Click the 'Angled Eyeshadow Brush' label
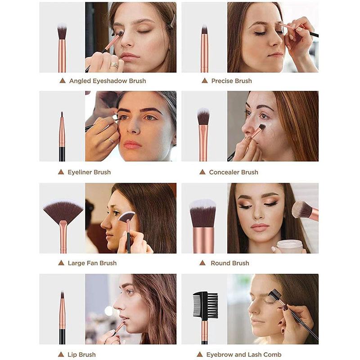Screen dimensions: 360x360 108,81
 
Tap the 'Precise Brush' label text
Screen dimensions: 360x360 231,81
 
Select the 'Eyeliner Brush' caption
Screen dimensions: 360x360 89,172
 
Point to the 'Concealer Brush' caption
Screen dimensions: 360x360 234,172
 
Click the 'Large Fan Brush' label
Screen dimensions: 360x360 92,263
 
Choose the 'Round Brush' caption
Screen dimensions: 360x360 230,263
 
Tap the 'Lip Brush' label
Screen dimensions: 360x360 81,355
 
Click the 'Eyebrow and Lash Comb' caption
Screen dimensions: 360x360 244,355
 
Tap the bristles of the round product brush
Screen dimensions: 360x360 203,213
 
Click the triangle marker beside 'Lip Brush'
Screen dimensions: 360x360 61,354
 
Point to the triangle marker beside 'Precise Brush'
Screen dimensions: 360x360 205,81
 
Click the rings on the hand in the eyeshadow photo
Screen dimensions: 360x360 114,64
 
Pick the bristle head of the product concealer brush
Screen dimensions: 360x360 203,117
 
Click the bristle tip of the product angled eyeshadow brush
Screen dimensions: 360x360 62,31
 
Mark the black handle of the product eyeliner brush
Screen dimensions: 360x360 62,154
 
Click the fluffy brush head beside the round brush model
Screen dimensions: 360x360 301,209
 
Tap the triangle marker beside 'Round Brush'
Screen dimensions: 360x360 202,263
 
